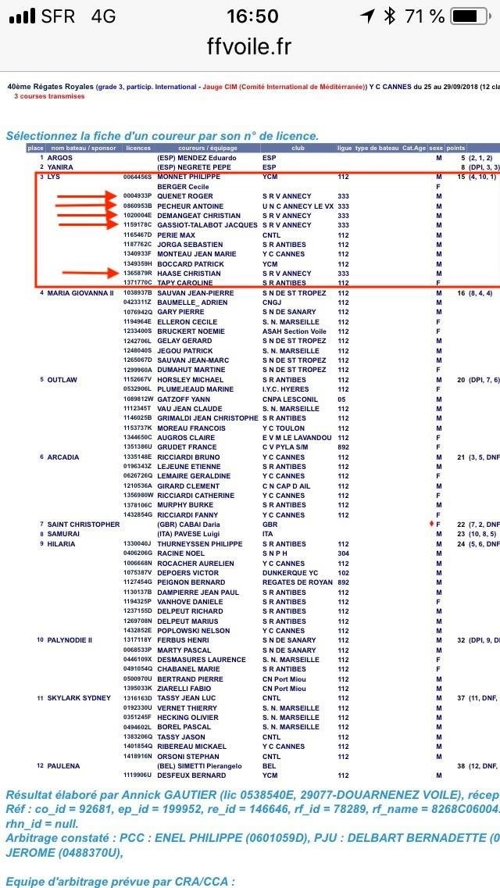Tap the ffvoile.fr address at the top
point(249,47)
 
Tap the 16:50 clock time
point(252,16)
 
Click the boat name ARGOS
point(60,157)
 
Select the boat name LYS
point(54,177)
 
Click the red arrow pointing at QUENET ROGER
point(87,196)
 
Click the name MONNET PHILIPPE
point(188,177)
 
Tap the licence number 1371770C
point(137,283)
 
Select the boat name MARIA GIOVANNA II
point(80,292)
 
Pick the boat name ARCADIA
point(63,457)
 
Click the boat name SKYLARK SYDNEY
point(79,698)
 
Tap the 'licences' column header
point(138,148)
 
